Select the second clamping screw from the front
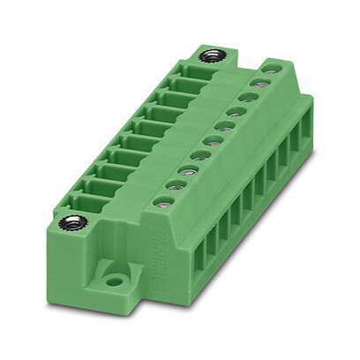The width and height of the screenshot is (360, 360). click(x=174, y=185)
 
